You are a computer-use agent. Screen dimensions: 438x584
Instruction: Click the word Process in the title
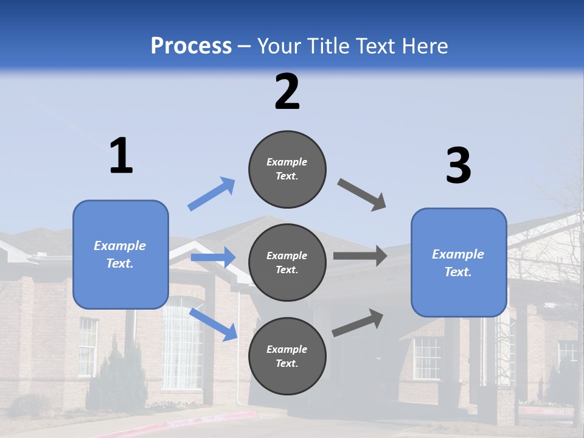point(191,46)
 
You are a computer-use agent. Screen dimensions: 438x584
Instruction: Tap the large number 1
point(121,156)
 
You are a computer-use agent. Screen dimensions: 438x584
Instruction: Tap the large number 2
point(287,92)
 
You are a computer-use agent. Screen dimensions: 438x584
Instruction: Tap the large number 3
point(458,166)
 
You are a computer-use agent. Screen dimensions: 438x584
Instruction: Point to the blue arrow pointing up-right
point(212,194)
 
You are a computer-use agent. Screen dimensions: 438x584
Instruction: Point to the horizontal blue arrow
point(213,257)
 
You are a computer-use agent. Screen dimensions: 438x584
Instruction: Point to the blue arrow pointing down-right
point(214,324)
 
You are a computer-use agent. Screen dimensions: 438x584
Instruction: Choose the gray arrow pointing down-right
point(362,195)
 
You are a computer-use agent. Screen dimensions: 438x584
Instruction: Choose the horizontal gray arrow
point(360,256)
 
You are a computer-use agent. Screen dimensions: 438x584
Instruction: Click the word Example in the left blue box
point(120,246)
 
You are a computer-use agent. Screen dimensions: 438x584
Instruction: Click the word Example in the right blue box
point(458,254)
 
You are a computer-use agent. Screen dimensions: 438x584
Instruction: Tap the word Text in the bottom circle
point(286,363)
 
